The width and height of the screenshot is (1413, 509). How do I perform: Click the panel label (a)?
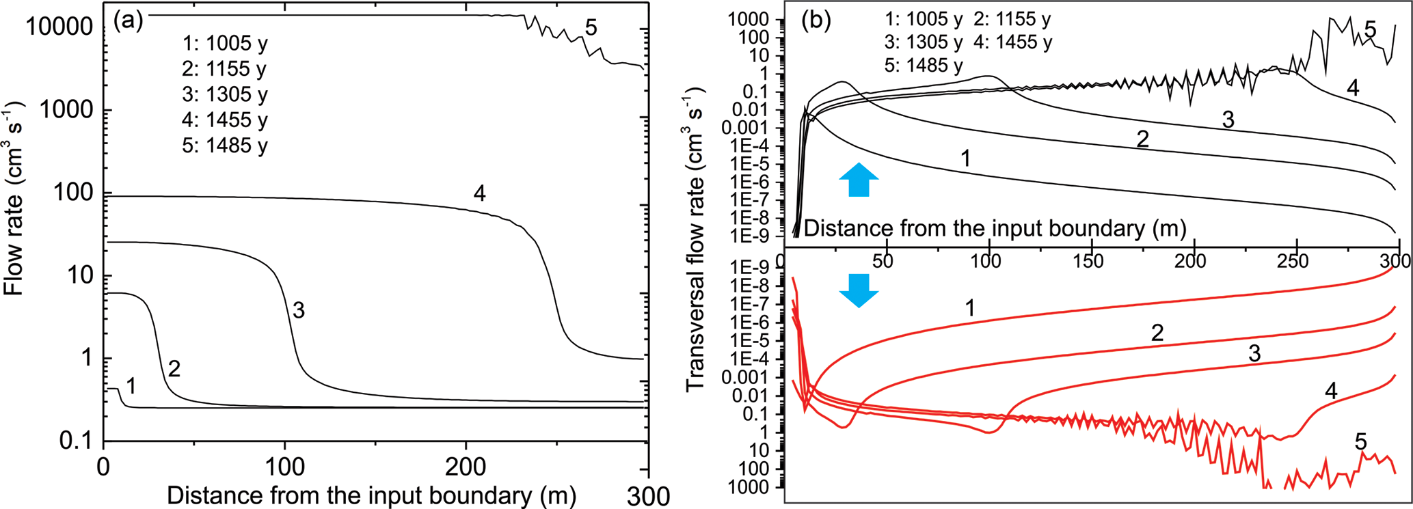[x=129, y=20]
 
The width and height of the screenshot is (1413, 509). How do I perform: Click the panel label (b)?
[x=816, y=20]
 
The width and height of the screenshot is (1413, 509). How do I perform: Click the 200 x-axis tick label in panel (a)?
[x=466, y=468]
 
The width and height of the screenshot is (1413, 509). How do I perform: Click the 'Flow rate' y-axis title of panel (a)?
[x=14, y=197]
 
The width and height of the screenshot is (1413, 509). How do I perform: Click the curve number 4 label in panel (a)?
[x=479, y=193]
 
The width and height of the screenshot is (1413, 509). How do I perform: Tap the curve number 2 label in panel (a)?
[x=174, y=369]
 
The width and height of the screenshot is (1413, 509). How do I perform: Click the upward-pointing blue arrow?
[x=859, y=180]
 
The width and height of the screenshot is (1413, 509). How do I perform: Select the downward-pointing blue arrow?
[x=859, y=290]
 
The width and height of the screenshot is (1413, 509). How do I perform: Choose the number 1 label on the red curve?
[x=970, y=308]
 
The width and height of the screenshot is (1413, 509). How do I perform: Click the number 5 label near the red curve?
[x=1360, y=442]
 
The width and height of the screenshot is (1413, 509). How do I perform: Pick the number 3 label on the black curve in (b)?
[x=1228, y=120]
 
